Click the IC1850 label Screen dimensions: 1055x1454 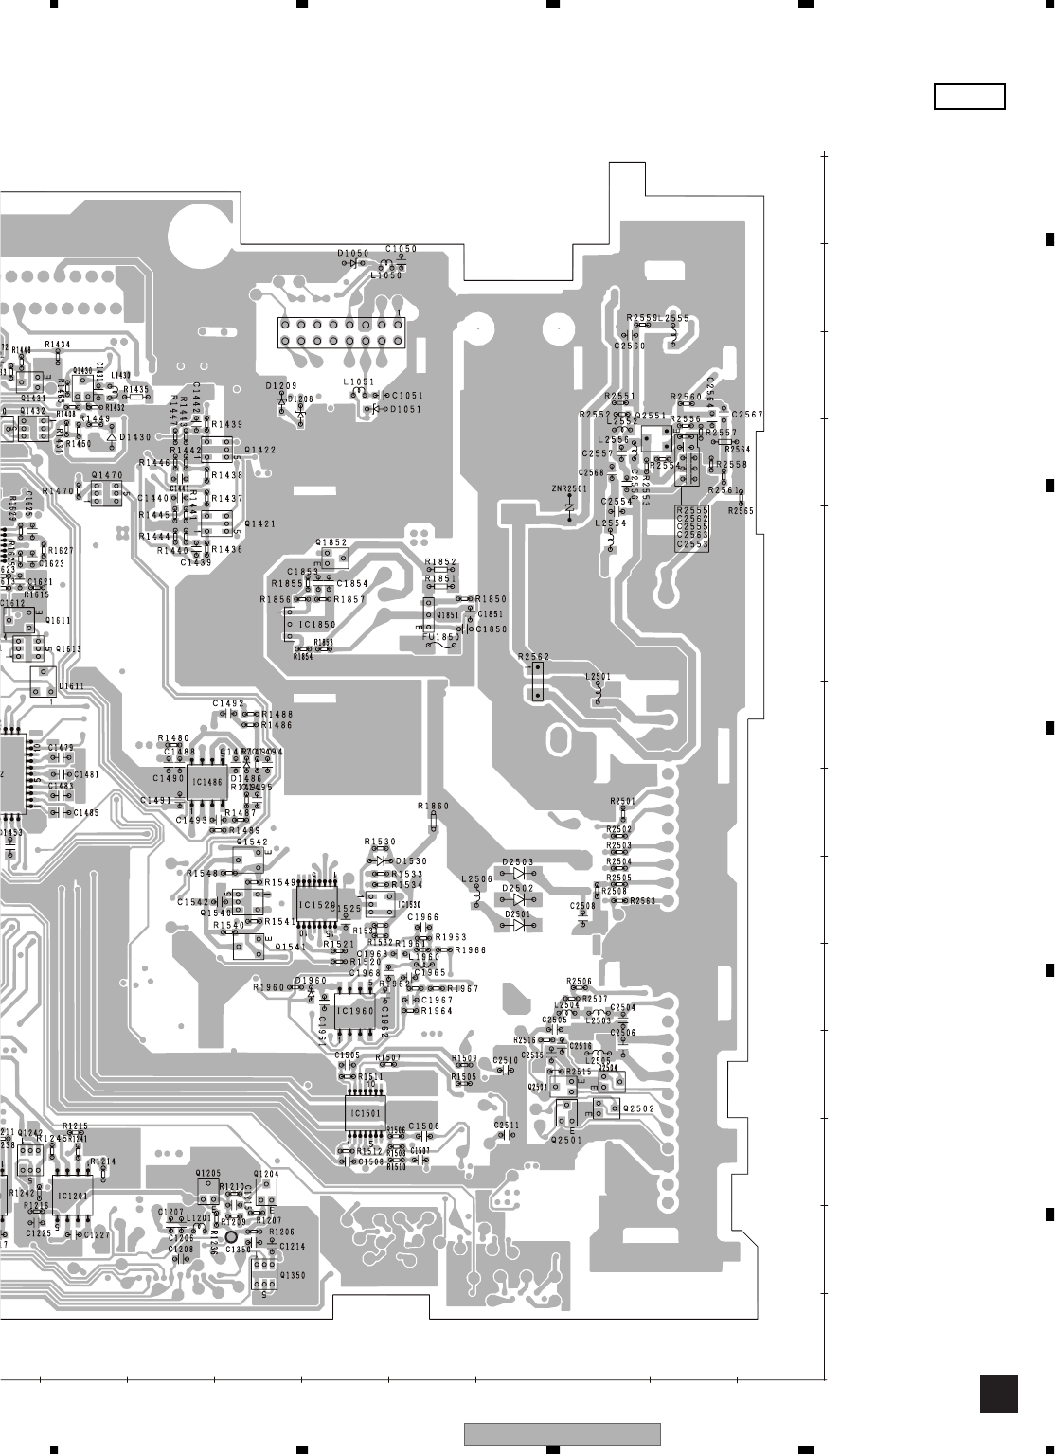(x=317, y=626)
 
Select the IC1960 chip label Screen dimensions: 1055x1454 (x=356, y=1011)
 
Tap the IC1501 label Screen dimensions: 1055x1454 (x=366, y=1114)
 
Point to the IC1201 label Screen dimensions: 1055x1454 (x=72, y=1196)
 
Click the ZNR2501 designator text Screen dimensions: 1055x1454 (x=569, y=488)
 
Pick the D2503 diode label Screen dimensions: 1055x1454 (x=518, y=862)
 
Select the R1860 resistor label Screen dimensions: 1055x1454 (x=434, y=806)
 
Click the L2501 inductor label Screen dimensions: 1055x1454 (x=598, y=677)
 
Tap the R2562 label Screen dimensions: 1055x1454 (x=534, y=656)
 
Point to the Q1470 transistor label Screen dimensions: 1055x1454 (x=107, y=475)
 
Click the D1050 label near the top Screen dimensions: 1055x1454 (x=353, y=254)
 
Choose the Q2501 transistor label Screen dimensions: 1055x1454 (x=566, y=1140)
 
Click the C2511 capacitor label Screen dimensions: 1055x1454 (x=507, y=1126)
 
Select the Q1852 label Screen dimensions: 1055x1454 (x=332, y=542)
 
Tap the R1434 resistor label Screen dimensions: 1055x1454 (x=58, y=345)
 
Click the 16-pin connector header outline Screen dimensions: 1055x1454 (x=340, y=332)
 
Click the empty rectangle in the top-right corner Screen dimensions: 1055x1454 (x=969, y=97)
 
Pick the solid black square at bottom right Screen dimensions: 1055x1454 (x=998, y=1395)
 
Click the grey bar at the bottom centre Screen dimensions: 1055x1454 (x=562, y=1434)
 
